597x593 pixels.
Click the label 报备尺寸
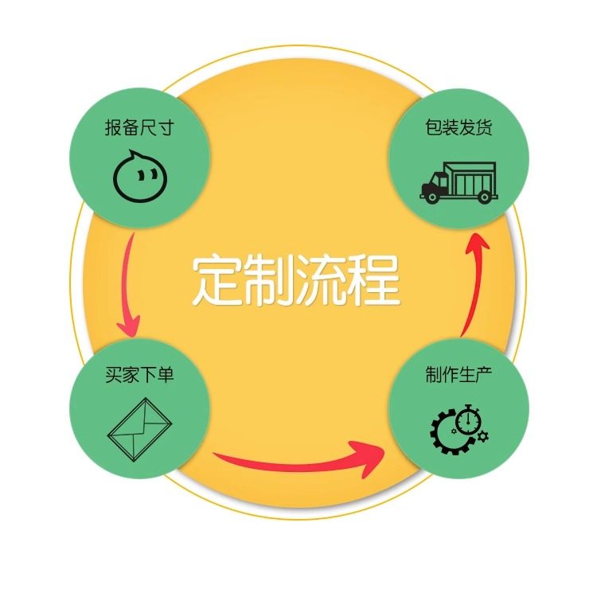(139, 127)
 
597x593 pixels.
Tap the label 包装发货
(458, 127)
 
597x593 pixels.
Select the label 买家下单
(139, 374)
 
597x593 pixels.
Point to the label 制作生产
(458, 374)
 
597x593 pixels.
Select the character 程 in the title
(373, 280)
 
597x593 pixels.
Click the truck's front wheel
(431, 196)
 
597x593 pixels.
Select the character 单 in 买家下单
(165, 374)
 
